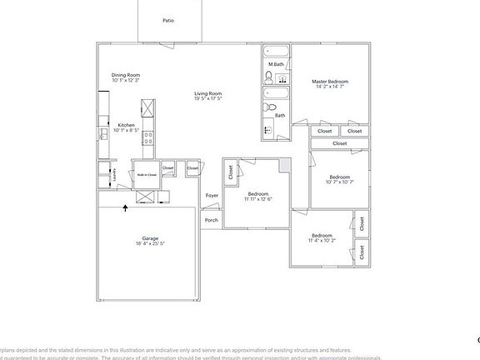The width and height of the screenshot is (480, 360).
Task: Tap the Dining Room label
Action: tap(126, 75)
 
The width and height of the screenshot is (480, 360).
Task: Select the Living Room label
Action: tap(208, 92)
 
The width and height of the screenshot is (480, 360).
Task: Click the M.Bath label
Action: tap(276, 64)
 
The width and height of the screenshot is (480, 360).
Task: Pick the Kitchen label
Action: tap(126, 125)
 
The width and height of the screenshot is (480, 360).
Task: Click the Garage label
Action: tap(151, 238)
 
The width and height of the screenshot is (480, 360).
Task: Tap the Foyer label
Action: tap(212, 196)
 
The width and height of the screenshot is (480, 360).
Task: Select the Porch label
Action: tap(212, 221)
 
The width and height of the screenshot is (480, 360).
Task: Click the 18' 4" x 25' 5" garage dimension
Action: tap(151, 244)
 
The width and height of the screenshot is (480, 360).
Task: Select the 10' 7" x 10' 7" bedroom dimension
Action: tap(339, 182)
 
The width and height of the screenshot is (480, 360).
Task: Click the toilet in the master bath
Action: tap(268, 77)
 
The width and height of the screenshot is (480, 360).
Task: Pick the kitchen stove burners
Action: tap(147, 137)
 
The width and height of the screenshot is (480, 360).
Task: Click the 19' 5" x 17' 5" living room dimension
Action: tap(208, 98)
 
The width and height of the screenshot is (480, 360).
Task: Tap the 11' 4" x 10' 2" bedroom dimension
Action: tap(322, 241)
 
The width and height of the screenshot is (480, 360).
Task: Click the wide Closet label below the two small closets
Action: tap(339, 143)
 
